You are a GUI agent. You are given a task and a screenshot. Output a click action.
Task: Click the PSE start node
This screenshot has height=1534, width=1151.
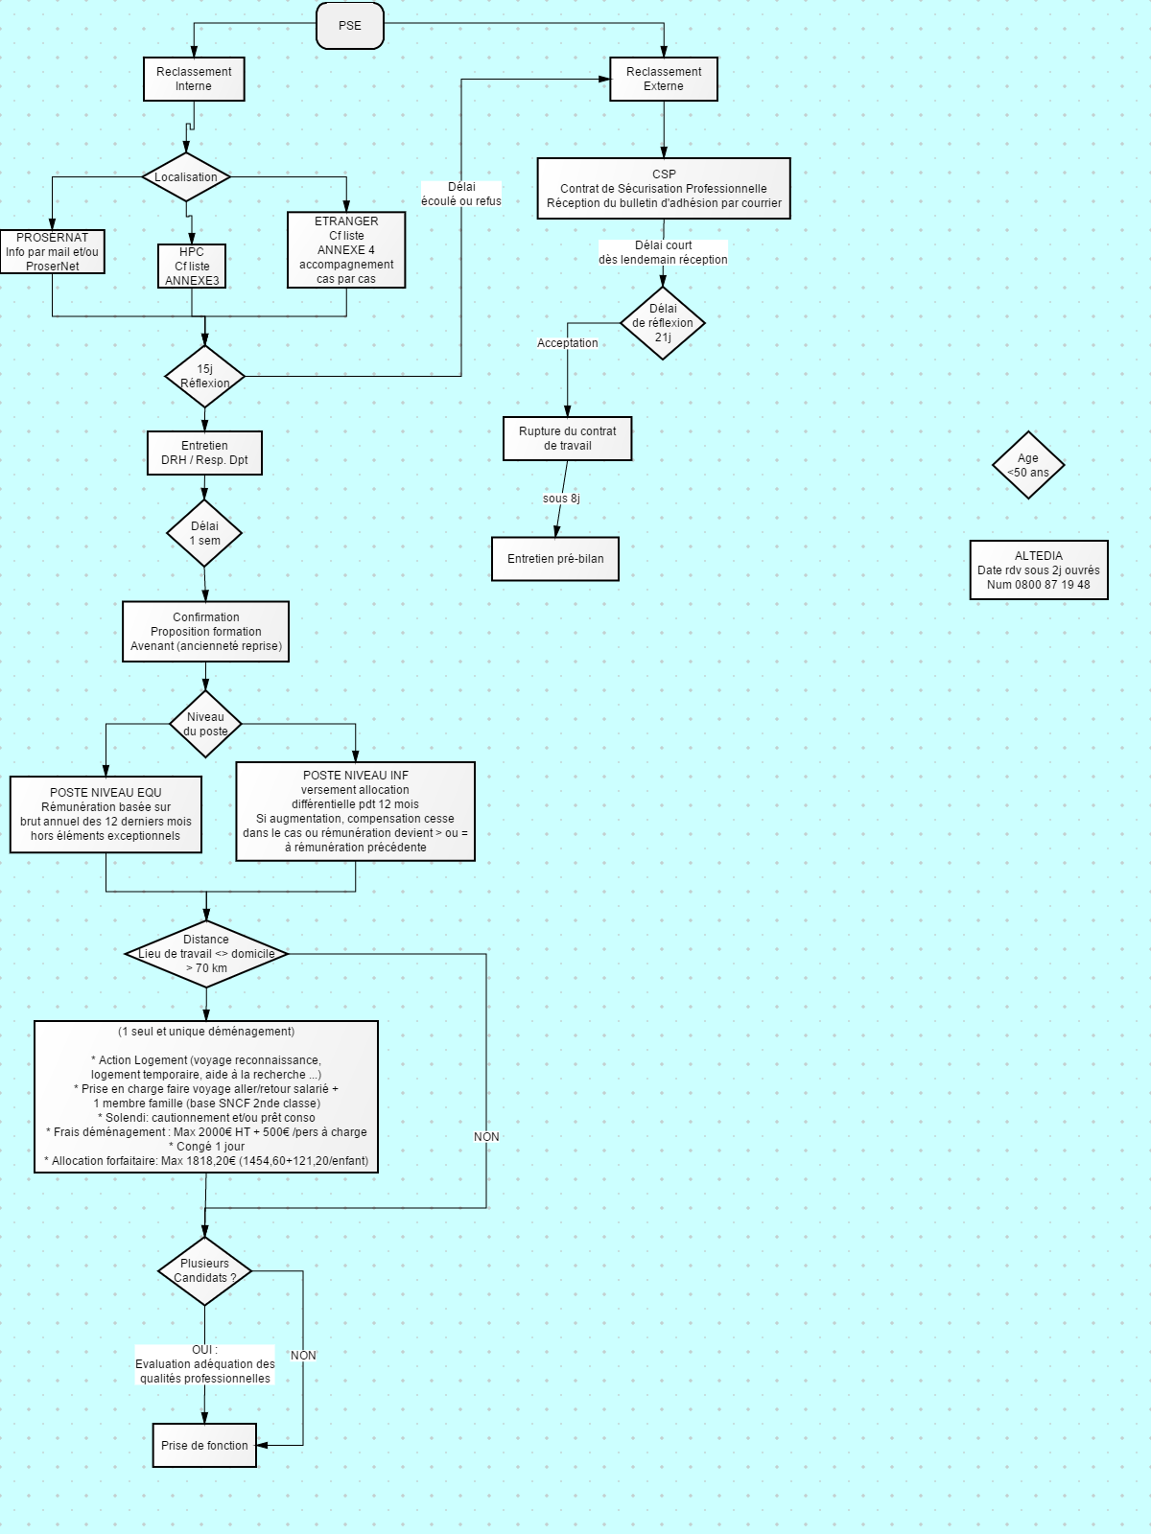click(x=349, y=26)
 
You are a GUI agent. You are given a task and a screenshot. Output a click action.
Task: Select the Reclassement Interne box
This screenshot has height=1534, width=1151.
click(x=194, y=79)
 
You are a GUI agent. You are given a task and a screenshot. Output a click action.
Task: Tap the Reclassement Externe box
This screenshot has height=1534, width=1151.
click(x=663, y=79)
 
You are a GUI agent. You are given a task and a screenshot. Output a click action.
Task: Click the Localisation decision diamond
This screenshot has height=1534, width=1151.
click(x=186, y=176)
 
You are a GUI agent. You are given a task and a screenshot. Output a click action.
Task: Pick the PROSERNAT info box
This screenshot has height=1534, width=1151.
click(x=53, y=251)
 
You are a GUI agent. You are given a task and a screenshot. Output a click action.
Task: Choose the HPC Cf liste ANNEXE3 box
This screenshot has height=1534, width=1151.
click(x=192, y=267)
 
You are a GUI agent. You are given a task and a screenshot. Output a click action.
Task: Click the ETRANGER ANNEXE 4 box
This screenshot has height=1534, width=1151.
click(x=346, y=250)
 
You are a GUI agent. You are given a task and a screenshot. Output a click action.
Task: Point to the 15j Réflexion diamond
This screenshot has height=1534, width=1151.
click(x=204, y=376)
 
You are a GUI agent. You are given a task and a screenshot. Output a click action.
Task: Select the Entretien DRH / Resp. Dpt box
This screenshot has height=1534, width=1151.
click(x=204, y=453)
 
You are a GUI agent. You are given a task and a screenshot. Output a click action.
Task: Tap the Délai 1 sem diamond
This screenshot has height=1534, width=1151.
click(x=204, y=533)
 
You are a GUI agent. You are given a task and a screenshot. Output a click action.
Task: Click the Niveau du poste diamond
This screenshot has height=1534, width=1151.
click(x=205, y=724)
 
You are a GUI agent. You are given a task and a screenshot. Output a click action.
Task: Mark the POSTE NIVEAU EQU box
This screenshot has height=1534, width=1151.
click(x=106, y=814)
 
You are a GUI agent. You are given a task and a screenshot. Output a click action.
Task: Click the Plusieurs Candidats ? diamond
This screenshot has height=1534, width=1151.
click(x=204, y=1270)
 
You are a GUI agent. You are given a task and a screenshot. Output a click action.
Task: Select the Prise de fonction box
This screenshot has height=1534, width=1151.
click(x=204, y=1445)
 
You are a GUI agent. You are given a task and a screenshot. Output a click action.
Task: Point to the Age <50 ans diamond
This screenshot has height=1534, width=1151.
click(x=1028, y=465)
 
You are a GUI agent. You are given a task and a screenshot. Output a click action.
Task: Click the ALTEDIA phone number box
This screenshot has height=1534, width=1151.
click(x=1039, y=570)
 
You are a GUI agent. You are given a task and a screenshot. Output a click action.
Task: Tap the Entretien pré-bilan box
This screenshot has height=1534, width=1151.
click(x=555, y=559)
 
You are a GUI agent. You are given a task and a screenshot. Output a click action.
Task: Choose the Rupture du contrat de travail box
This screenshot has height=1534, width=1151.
click(x=568, y=439)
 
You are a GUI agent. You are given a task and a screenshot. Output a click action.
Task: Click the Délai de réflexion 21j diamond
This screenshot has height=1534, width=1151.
click(x=663, y=323)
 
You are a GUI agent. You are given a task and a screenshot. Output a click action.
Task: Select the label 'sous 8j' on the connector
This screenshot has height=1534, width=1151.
click(x=561, y=499)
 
